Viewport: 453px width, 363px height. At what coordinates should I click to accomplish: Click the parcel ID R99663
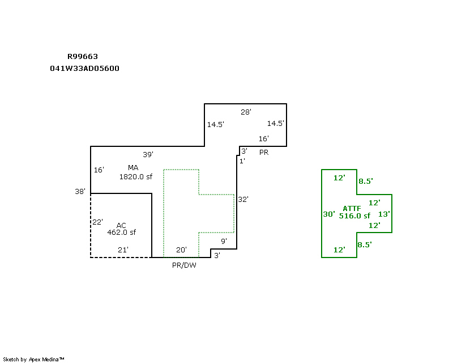click(83, 57)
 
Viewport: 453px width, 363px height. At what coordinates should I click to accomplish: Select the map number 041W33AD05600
click(84, 68)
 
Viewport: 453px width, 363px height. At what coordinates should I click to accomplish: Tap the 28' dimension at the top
click(246, 112)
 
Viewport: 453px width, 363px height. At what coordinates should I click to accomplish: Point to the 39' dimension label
click(148, 154)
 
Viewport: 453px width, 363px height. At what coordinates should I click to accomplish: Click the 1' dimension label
click(242, 161)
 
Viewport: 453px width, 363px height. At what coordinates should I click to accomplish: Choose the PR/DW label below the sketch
click(184, 265)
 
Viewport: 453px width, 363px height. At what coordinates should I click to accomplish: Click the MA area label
click(133, 167)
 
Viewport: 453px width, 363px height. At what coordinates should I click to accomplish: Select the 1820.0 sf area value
click(135, 176)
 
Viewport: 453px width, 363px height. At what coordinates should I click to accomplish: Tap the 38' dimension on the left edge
click(79, 192)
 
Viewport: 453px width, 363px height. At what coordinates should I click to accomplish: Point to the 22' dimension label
click(97, 222)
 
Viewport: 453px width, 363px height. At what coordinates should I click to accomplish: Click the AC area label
click(121, 225)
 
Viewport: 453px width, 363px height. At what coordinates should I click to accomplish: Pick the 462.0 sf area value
click(121, 232)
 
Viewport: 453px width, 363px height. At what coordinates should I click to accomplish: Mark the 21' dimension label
click(123, 250)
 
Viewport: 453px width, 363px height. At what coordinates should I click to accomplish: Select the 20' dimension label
click(181, 250)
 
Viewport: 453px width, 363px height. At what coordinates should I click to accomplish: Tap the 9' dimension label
click(224, 241)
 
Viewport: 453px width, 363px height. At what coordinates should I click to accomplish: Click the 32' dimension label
click(243, 200)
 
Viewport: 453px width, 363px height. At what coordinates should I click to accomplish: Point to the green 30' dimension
click(329, 214)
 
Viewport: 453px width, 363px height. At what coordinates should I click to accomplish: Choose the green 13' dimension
click(384, 214)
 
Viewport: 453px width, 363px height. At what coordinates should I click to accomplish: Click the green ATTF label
click(352, 209)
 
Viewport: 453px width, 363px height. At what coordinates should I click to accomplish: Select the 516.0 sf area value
click(354, 216)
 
